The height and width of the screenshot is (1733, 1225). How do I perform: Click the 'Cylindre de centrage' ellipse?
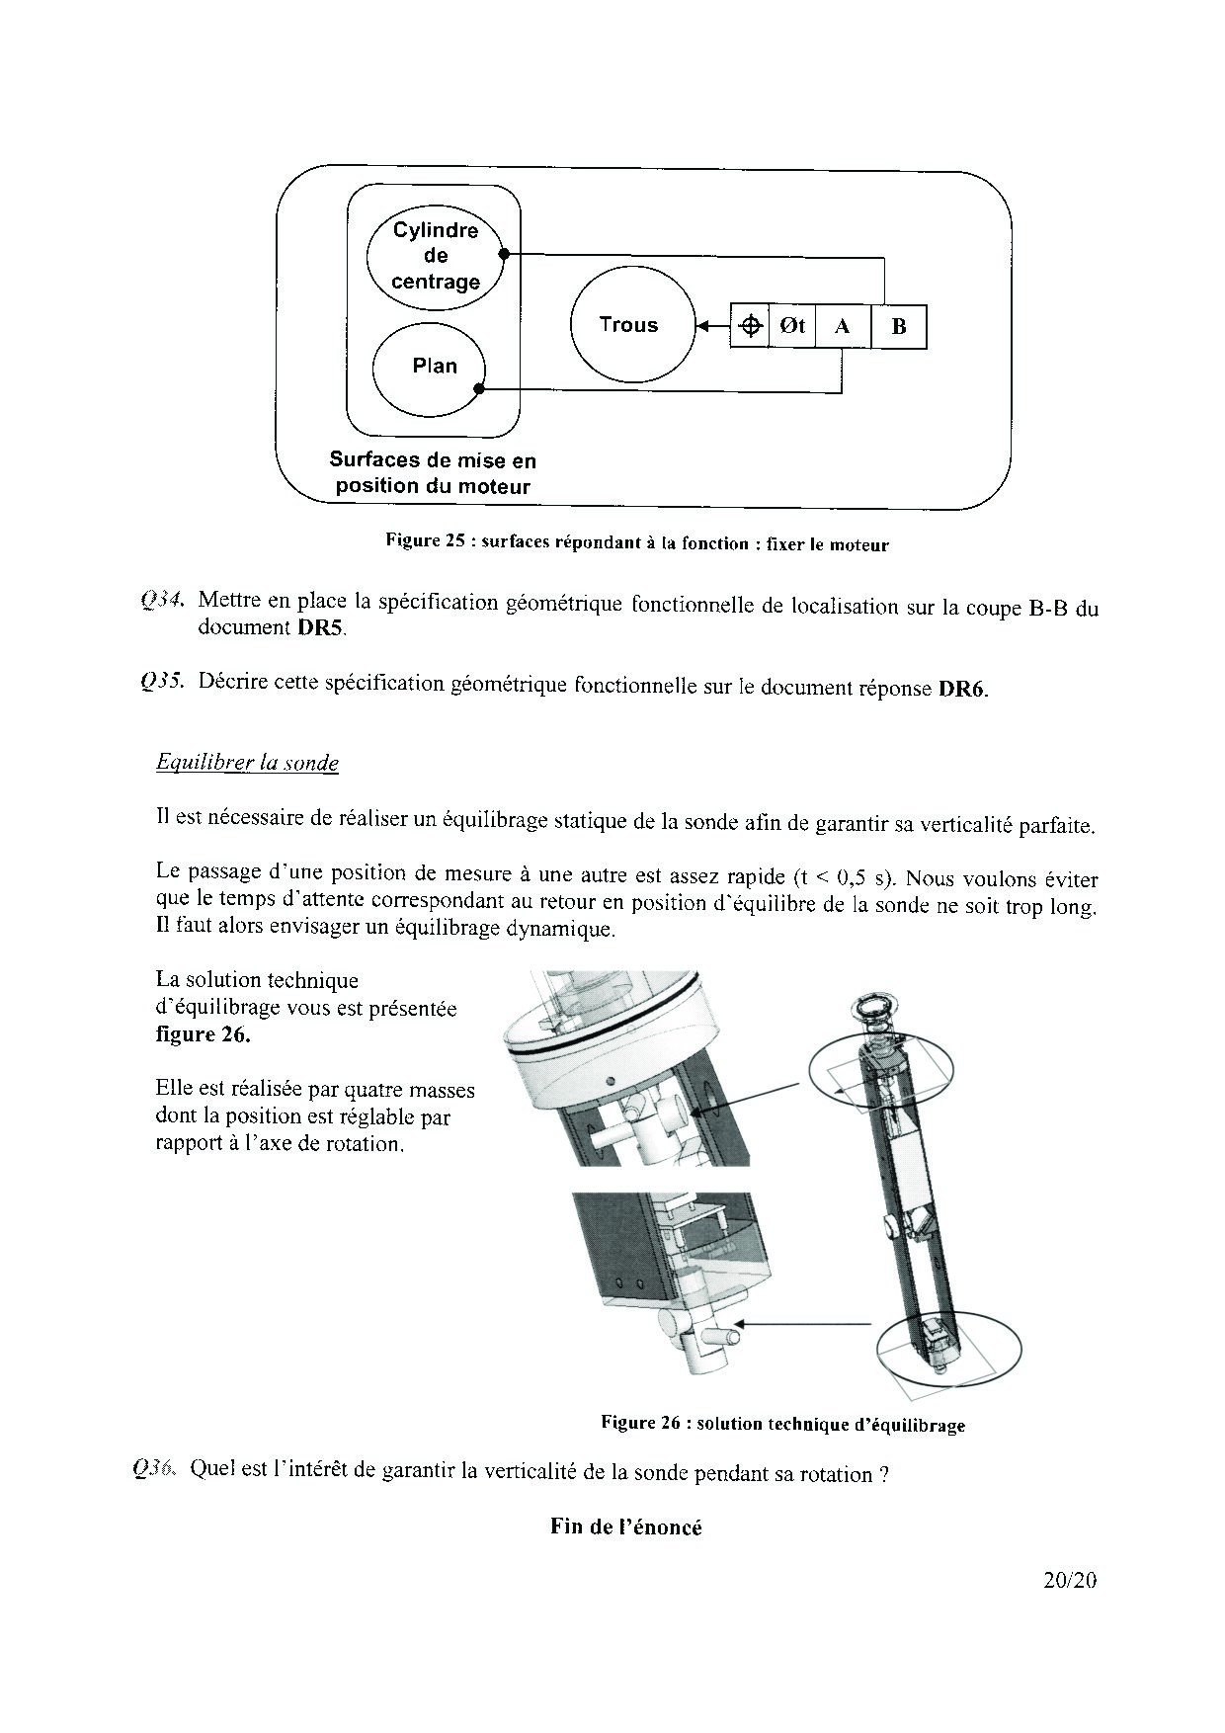[436, 256]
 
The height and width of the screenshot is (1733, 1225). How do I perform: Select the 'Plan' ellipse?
[430, 366]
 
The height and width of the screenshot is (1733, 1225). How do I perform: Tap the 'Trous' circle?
[628, 325]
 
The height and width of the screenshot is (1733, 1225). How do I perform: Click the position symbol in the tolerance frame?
[751, 326]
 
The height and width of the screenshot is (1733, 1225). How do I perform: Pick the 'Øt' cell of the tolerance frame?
[792, 326]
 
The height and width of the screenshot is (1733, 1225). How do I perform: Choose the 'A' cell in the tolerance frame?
[843, 326]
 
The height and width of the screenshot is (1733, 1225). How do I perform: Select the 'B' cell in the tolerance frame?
[899, 326]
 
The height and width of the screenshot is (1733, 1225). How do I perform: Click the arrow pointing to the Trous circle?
[711, 325]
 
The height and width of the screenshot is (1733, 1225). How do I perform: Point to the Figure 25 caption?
[637, 542]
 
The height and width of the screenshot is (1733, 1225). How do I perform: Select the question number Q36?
[155, 1470]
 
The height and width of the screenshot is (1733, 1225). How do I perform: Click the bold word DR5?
[321, 628]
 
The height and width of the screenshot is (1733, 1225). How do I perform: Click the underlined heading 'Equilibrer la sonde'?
[247, 763]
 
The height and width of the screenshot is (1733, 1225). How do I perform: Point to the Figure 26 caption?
[782, 1424]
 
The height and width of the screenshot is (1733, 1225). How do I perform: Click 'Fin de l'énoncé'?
[626, 1527]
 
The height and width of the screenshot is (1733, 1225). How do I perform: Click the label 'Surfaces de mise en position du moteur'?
[433, 473]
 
